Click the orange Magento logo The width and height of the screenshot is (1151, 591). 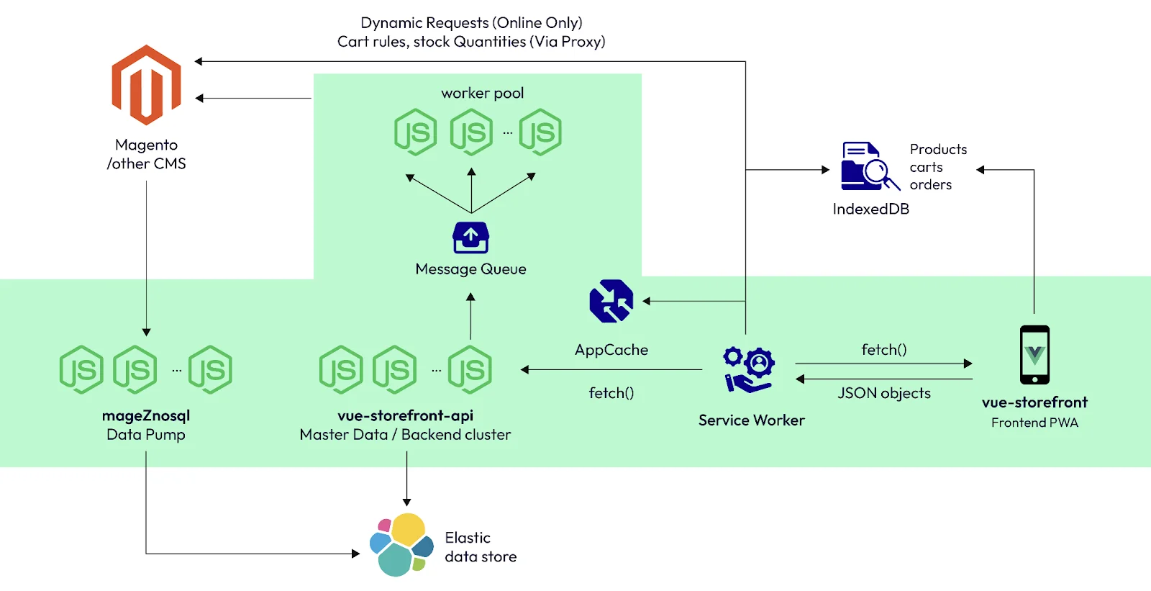146,85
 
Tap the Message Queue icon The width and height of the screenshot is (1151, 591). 470,238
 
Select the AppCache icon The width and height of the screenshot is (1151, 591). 611,301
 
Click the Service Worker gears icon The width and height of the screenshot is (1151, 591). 749,370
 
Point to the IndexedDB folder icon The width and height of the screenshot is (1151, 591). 869,166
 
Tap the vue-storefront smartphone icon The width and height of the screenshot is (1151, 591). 1034,355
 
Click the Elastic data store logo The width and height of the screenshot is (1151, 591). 401,545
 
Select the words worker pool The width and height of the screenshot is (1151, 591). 482,93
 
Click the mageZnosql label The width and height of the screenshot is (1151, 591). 146,415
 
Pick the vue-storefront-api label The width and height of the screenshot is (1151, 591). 405,415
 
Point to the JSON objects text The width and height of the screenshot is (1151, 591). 883,393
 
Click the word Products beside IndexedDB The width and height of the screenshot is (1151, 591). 938,149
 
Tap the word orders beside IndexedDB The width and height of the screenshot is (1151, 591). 930,184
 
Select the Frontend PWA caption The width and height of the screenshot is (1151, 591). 1034,423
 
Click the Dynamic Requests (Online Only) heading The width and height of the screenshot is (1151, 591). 471,23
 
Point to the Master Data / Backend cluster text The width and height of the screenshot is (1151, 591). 405,435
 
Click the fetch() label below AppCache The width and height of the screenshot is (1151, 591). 611,393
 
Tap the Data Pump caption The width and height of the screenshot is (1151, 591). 146,435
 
